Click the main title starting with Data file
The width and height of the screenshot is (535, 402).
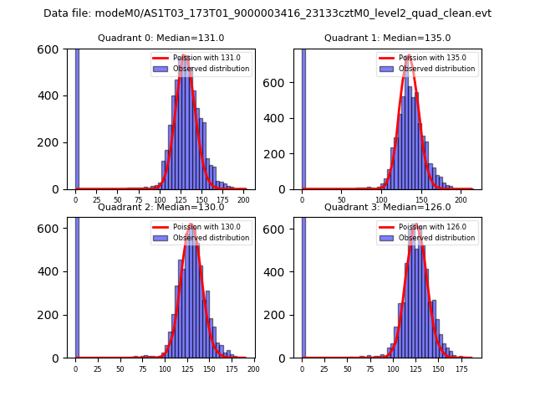267,13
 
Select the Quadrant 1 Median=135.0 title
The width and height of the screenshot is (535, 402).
387,38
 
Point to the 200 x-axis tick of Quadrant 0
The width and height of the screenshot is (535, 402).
243,200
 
